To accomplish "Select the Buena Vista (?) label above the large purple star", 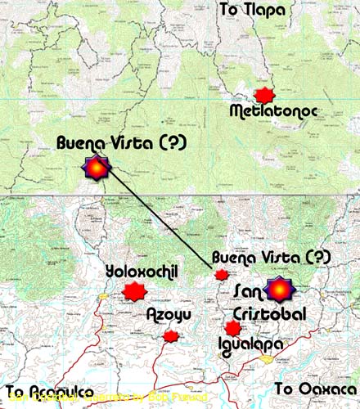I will coord(122,143).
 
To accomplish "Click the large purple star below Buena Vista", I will coord(97,168).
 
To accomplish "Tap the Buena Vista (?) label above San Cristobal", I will coord(272,258).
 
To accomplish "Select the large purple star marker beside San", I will coord(281,290).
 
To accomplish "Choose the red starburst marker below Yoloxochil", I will coord(133,291).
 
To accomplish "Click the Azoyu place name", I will coord(169,315).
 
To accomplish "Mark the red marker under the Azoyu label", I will coord(171,335).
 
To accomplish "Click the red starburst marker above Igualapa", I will coord(233,328).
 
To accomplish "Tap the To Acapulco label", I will coord(48,389).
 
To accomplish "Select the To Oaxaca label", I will coord(316,388).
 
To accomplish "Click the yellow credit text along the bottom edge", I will coord(106,400).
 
